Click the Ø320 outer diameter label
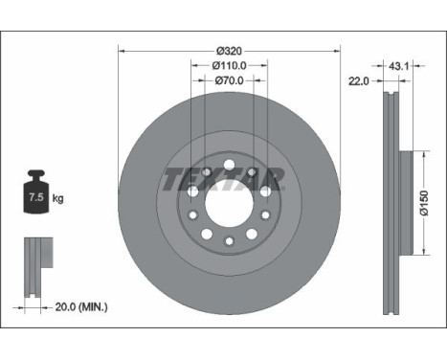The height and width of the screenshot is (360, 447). [229, 51]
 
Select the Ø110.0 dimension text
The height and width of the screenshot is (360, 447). [229, 65]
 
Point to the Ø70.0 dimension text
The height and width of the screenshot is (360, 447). [229, 80]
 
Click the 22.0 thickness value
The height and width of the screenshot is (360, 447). [358, 81]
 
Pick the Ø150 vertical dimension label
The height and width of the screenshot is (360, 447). [424, 203]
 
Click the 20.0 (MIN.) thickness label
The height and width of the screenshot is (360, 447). [81, 307]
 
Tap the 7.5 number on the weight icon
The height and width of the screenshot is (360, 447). [36, 197]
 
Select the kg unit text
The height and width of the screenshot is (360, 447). [57, 198]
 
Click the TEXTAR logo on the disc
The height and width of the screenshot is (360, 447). [223, 179]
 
